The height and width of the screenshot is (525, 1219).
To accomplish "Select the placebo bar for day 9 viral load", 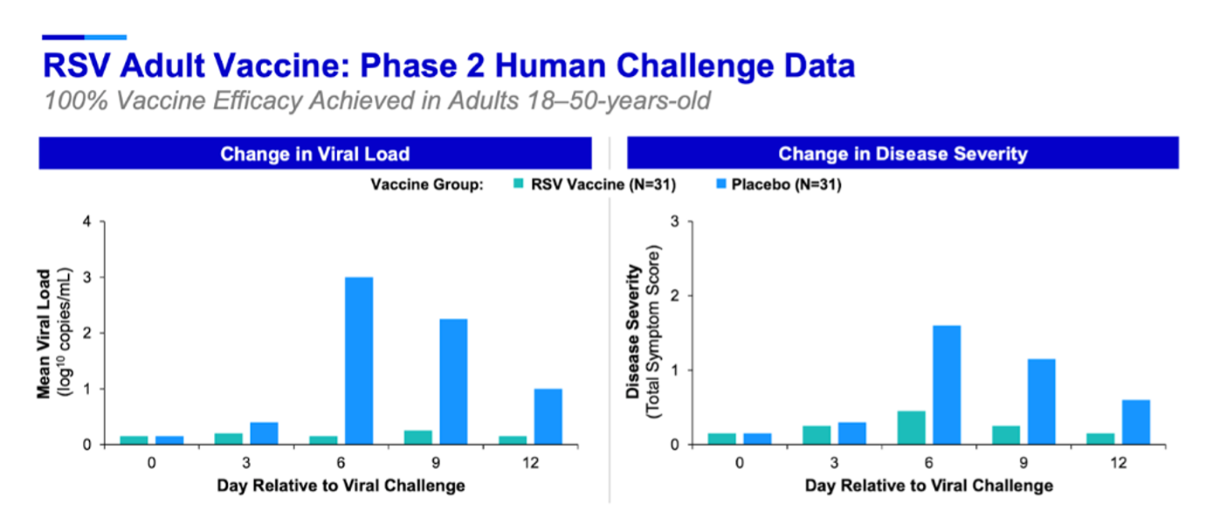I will click(x=453, y=381).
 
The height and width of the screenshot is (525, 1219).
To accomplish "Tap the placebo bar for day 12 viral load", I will click(x=548, y=416).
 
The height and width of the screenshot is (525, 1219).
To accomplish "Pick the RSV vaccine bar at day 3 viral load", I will click(x=228, y=439).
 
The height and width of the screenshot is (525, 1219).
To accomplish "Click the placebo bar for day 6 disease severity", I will click(x=947, y=384).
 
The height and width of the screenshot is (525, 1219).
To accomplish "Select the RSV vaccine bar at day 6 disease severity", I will click(x=911, y=427).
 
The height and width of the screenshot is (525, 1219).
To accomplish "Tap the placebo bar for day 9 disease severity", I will click(x=1042, y=401).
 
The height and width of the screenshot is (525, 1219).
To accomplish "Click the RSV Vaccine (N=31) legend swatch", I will click(x=518, y=184).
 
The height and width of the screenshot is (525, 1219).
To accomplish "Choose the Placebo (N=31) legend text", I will click(x=794, y=184).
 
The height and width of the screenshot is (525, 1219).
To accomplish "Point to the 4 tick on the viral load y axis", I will click(x=86, y=222).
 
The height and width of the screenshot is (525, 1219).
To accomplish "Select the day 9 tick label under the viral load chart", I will click(x=435, y=461).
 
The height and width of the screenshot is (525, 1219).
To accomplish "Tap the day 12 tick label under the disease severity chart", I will click(x=1118, y=461).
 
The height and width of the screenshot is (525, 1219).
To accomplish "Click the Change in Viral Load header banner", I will click(x=314, y=154).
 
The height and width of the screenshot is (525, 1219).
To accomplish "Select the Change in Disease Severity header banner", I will click(x=903, y=154).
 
